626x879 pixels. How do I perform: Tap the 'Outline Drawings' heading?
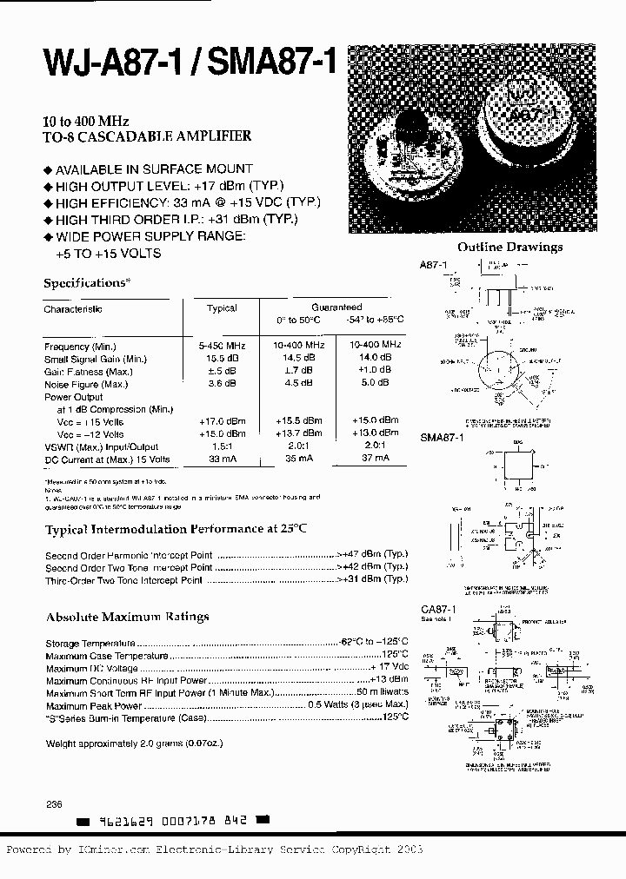pos(509,247)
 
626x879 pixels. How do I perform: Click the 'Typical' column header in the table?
pos(222,308)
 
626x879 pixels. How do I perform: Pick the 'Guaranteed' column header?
pos(336,307)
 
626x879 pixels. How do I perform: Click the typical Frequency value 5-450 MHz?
pos(222,346)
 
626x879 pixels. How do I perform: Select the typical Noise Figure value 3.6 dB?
pos(222,383)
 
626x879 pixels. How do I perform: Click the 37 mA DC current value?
pos(376,459)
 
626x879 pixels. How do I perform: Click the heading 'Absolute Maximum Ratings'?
pos(127,617)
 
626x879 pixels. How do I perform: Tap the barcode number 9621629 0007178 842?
pos(175,820)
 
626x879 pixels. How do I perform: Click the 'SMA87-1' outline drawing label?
pos(443,439)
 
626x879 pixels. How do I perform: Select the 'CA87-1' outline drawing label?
pos(437,611)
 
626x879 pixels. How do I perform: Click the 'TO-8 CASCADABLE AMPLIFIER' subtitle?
pos(148,136)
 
